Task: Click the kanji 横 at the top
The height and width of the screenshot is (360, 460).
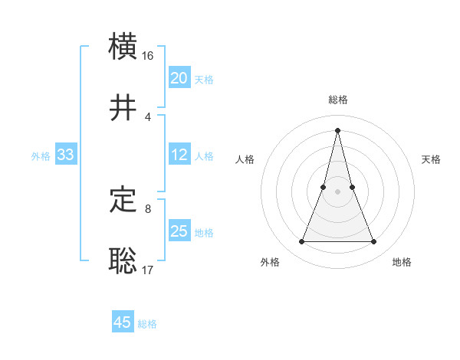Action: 123,47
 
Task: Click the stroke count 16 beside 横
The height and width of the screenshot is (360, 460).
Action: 148,57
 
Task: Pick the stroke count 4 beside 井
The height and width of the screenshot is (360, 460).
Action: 147,117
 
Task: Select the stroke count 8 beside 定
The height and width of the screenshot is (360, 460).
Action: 147,208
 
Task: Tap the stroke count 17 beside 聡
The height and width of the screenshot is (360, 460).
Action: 148,270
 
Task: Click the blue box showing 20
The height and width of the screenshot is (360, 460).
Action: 179,78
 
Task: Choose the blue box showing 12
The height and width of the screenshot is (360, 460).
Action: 179,155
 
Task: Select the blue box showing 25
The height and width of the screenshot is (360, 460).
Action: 179,231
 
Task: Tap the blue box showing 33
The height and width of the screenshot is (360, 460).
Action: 66,155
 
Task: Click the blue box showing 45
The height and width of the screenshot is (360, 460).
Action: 123,322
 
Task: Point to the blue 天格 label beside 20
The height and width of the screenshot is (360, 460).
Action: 204,80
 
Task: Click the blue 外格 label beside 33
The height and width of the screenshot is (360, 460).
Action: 41,156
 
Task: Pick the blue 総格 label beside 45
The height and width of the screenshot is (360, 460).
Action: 147,324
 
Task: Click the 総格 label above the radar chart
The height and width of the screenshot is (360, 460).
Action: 338,100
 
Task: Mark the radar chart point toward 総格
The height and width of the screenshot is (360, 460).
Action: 338,129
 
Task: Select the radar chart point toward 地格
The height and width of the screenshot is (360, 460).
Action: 374,242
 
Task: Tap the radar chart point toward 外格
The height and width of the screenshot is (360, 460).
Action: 302,242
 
